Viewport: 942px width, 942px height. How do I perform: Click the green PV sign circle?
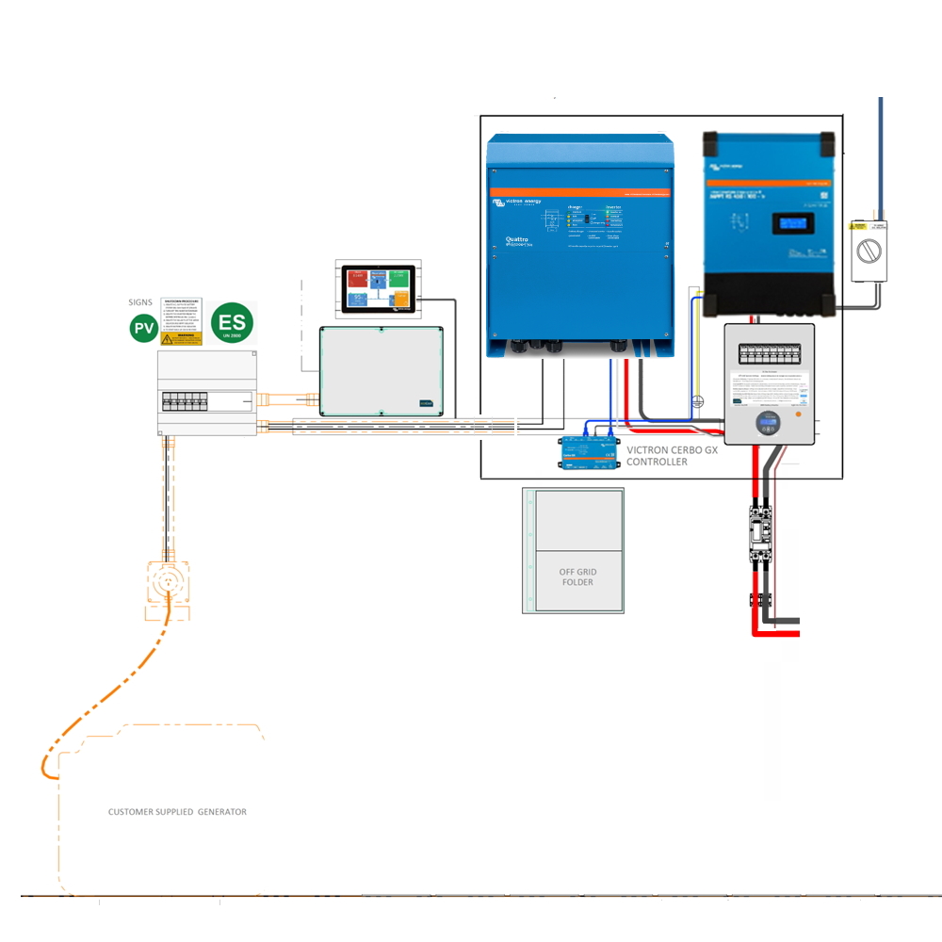(143, 329)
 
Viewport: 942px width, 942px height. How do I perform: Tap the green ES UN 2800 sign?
(233, 323)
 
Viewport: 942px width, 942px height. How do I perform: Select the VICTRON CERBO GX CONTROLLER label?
(670, 456)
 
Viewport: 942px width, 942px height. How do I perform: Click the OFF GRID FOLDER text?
(578, 577)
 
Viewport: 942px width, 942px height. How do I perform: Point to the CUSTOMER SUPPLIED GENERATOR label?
(177, 811)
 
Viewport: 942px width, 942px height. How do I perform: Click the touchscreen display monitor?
(377, 287)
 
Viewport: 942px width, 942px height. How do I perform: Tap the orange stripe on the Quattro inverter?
(579, 192)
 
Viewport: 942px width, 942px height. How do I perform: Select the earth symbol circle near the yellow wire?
(698, 399)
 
